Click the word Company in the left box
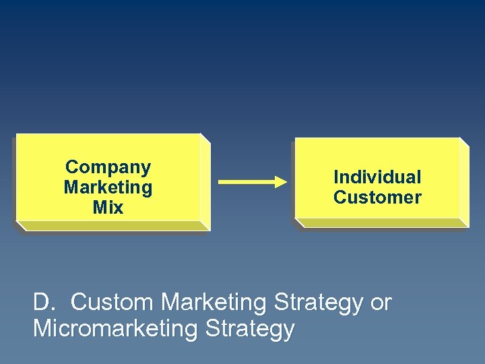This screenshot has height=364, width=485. click(108, 167)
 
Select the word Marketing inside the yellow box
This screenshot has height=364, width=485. click(108, 187)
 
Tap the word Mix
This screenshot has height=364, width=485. click(108, 208)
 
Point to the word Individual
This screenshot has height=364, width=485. click(377, 177)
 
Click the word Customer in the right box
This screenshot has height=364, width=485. click(377, 198)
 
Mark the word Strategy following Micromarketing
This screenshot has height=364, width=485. click(252, 330)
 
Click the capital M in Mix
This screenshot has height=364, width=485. click(99, 208)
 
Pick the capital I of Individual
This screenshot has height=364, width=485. click(336, 177)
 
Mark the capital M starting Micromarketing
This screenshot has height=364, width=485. click(42, 329)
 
